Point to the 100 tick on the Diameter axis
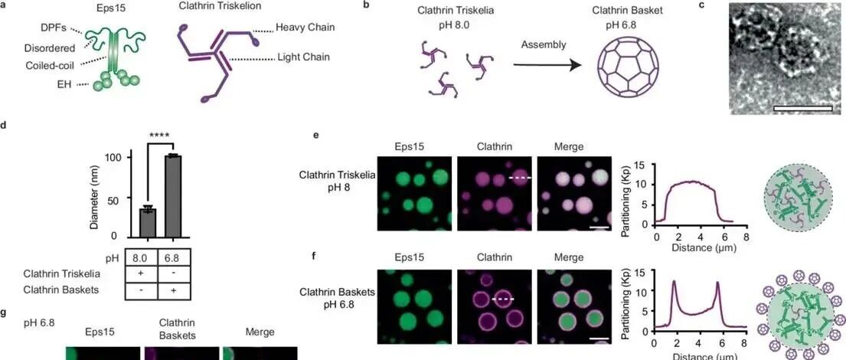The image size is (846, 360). click(x=115, y=157)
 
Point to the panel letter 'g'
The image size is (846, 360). click(x=5, y=313)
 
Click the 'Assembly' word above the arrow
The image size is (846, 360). click(x=544, y=44)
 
